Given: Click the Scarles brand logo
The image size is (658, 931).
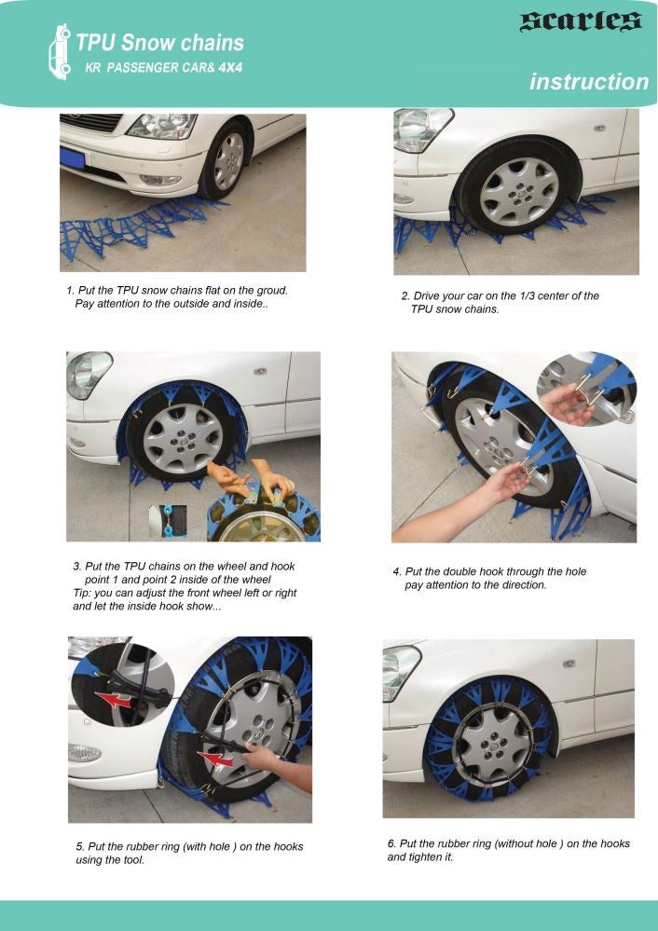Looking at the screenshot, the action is [x=581, y=21].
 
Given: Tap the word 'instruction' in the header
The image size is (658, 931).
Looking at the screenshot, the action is [x=589, y=82].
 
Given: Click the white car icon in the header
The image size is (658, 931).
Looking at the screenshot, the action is [x=60, y=52].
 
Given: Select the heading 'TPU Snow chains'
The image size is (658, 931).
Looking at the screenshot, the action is [x=160, y=43].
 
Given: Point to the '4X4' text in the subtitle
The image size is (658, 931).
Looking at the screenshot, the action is [x=230, y=68].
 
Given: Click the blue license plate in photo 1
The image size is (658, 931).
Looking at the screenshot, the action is [x=73, y=158].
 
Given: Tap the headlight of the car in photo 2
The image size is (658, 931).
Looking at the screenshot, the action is [x=419, y=129].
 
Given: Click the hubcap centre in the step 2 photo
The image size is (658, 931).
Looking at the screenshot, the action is [x=519, y=191].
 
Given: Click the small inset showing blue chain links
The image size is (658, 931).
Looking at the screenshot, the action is [x=168, y=521].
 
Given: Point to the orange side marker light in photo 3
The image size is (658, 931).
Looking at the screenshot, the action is [x=259, y=372].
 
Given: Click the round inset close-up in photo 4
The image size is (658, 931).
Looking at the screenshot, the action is [x=586, y=389].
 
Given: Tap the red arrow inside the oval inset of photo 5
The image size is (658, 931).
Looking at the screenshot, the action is [x=115, y=700].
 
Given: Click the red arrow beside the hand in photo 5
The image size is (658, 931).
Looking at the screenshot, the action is [x=215, y=760].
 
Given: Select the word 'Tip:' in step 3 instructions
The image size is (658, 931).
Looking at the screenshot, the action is [x=82, y=593].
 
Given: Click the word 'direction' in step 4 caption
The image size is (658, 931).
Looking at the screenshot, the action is [x=525, y=585].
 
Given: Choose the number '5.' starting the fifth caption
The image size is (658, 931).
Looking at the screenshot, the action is [x=80, y=847].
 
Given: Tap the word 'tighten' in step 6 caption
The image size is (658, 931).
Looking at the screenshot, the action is [x=425, y=857].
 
